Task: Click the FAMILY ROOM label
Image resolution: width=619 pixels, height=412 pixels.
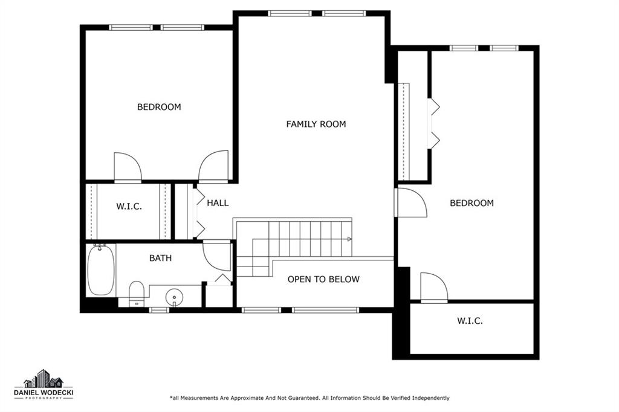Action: point(316,124)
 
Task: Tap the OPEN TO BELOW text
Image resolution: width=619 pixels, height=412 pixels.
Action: point(323,280)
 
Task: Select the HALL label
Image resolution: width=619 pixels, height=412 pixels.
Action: point(218,203)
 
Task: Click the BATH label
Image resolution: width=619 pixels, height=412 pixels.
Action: point(160,258)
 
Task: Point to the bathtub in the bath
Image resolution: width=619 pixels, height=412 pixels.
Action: point(101,270)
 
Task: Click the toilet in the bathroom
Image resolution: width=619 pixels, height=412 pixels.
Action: point(137,294)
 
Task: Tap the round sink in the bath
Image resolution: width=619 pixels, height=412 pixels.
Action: point(174,297)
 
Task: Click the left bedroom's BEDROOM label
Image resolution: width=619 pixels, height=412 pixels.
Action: point(159,107)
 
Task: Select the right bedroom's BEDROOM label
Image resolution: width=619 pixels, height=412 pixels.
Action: point(472,203)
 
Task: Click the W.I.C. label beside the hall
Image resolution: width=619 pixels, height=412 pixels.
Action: point(129,207)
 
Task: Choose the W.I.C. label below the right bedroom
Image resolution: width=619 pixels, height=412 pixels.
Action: point(470,321)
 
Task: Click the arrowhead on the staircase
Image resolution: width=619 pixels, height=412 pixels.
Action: point(349,239)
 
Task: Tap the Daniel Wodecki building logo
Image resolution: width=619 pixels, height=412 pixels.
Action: point(44,378)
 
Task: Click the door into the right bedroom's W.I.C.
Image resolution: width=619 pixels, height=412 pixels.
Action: point(434,288)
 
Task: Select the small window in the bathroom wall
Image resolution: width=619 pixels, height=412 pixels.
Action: point(159,310)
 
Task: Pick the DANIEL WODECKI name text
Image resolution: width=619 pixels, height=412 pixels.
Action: point(44,393)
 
